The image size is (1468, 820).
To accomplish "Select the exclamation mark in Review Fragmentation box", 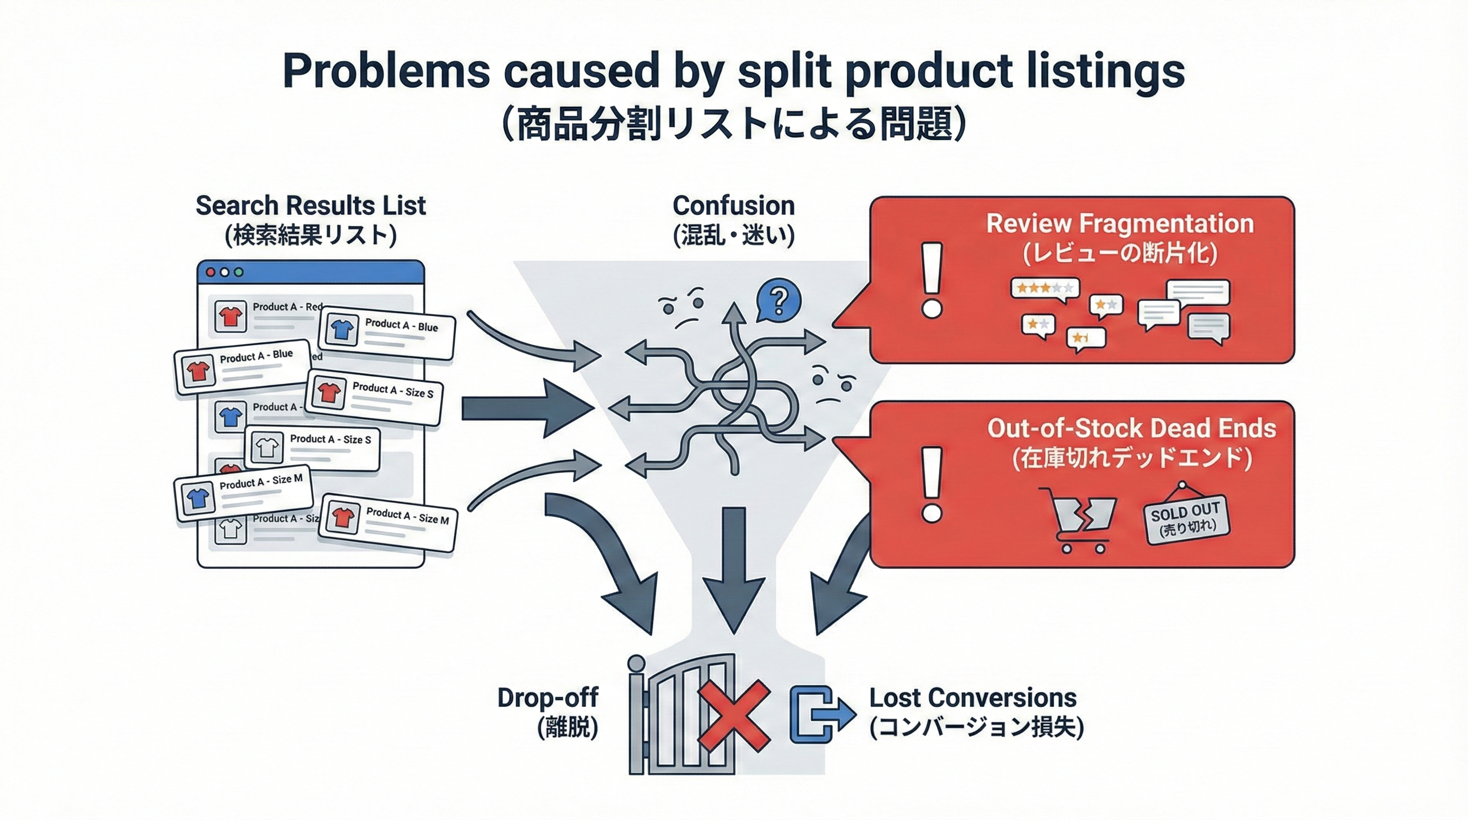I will pyautogui.click(x=932, y=279).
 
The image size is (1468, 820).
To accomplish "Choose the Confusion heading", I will pyautogui.click(x=733, y=206).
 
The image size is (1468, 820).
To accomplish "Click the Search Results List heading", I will pyautogui.click(x=310, y=206).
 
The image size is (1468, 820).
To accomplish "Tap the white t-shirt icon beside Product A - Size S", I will pyautogui.click(x=266, y=447).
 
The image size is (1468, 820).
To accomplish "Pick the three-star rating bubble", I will pyautogui.click(x=1044, y=288).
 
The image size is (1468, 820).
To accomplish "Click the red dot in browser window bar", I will pyautogui.click(x=210, y=272).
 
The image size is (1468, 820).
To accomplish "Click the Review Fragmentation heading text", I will pyautogui.click(x=1120, y=224).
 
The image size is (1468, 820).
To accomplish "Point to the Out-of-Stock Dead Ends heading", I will pyautogui.click(x=1131, y=429).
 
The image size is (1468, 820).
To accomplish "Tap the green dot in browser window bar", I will pyautogui.click(x=239, y=272).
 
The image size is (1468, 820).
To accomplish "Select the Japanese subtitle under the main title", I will pyautogui.click(x=733, y=126).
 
